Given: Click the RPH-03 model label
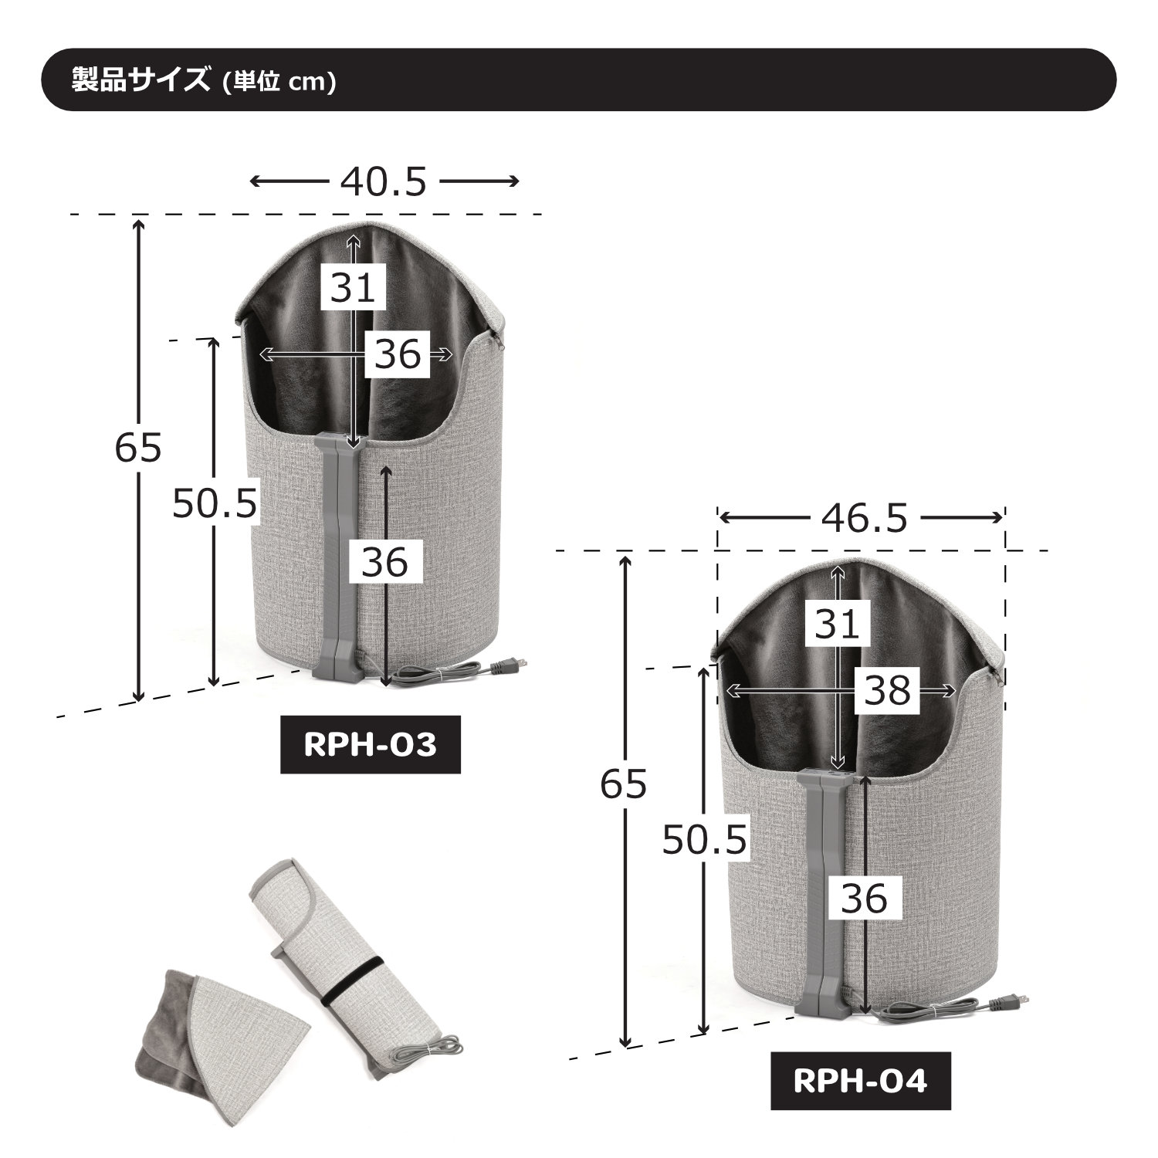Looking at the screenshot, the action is point(370,745).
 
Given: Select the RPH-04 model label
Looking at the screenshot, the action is point(860,1081).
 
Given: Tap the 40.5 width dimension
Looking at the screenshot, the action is point(383,182).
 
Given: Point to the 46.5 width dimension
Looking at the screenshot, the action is point(864,520).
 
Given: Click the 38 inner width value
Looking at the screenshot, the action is point(888,691).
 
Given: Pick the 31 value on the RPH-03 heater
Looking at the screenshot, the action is point(354,288).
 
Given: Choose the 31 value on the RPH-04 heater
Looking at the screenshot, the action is point(838,624).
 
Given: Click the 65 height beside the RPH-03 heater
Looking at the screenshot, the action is point(138,448).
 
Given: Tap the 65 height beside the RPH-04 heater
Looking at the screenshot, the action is point(624,785).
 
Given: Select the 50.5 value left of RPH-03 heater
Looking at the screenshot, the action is point(214,504).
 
